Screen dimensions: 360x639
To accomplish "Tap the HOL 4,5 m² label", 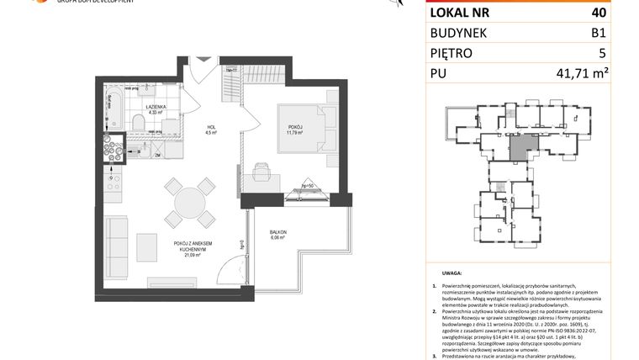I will (x=212, y=130).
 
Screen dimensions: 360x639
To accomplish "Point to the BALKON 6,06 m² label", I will (x=278, y=235).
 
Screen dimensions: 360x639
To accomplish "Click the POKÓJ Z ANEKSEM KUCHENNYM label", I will (x=193, y=246).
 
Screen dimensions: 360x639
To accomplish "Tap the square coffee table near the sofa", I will (x=147, y=246).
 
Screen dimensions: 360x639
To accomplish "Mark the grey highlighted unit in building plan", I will (x=521, y=149).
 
